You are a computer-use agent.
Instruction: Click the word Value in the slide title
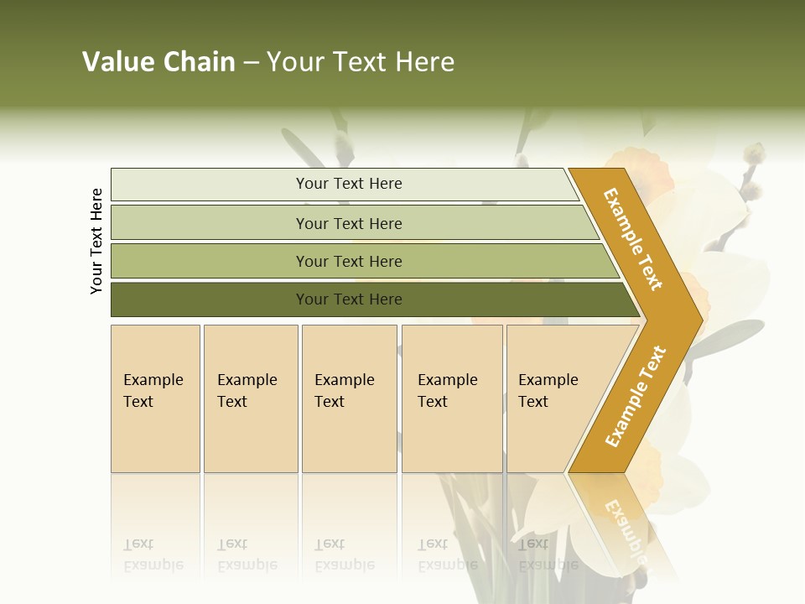tap(117, 62)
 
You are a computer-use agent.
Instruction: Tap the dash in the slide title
tap(251, 63)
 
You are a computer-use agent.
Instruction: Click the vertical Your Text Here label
tap(96, 241)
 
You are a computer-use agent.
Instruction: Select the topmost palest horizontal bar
tap(344, 184)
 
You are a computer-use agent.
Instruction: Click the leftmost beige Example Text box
tap(155, 398)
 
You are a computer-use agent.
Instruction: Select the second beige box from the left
tap(250, 398)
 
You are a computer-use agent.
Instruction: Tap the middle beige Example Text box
tap(349, 398)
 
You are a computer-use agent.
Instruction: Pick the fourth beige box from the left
tap(451, 398)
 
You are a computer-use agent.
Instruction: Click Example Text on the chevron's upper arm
tap(634, 240)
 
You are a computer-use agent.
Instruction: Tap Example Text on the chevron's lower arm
tap(636, 396)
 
